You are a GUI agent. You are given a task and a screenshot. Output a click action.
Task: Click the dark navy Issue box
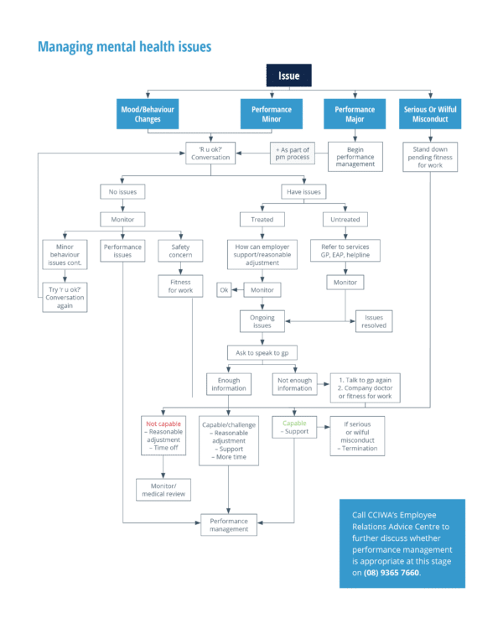tap(288, 75)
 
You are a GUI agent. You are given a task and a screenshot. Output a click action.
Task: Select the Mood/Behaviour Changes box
tap(148, 114)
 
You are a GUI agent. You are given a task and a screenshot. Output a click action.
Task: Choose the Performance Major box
tap(355, 114)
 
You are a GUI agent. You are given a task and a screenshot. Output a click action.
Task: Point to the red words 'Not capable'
tap(163, 424)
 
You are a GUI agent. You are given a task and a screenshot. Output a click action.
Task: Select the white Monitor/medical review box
tap(163, 489)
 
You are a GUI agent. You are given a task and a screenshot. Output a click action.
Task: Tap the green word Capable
tap(294, 424)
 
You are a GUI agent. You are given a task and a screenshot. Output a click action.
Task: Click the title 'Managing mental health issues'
tap(124, 47)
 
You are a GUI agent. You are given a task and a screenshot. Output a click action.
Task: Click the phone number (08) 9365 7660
tap(391, 572)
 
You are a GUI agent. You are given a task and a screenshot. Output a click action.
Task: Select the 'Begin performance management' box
tap(355, 156)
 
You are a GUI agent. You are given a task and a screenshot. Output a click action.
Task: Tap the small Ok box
tap(224, 289)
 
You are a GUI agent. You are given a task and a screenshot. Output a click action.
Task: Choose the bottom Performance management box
tap(230, 525)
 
